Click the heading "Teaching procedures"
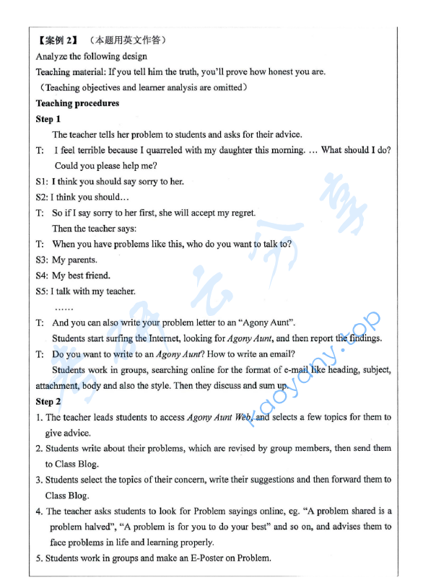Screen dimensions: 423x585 point(77,103)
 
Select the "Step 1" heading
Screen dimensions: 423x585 point(48,119)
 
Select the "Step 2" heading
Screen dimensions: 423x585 point(48,401)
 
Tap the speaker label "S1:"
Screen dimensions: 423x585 point(42,182)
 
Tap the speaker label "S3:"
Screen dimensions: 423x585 point(42,260)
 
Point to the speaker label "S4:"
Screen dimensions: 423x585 point(42,276)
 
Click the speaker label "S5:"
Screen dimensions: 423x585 point(42,291)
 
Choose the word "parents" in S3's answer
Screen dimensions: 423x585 point(82,260)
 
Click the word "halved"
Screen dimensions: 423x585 point(106,527)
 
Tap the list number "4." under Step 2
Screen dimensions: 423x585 point(40,511)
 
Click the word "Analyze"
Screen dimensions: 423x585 point(52,56)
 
